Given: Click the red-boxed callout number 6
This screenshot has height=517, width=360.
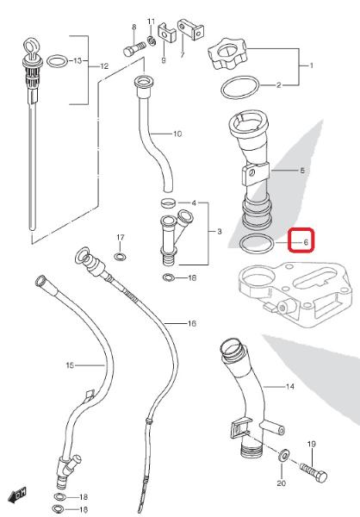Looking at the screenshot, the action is point(306,243).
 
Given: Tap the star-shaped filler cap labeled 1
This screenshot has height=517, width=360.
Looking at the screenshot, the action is point(227,53).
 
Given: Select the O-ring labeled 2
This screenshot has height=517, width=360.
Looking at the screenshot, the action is point(240,87).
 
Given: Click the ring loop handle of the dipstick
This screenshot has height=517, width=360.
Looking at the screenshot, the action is point(31,47).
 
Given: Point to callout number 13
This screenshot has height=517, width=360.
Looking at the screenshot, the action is point(78,60).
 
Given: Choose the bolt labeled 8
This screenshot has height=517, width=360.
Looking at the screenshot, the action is point(134,48).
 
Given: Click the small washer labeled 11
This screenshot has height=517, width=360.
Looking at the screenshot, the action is point(152,41).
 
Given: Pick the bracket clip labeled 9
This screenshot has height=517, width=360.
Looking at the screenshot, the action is point(166,33).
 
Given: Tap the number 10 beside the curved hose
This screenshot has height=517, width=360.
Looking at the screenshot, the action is point(177,134).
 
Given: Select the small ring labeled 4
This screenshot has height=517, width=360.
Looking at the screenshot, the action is point(168,202).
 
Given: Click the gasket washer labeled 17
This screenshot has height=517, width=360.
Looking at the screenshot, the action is point(120,256).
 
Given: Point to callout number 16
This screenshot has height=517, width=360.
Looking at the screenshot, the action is point(192,323).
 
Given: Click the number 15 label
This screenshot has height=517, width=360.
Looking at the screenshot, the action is point(70,365).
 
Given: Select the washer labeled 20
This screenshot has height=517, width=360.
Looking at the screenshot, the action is point(283,457).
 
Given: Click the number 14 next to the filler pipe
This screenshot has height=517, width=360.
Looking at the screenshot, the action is point(289,386).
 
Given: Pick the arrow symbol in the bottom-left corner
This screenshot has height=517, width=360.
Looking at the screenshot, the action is point(16,495).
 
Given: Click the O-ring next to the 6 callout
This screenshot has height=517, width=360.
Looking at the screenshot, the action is point(257,244).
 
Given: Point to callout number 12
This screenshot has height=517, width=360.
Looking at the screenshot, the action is point(104,66).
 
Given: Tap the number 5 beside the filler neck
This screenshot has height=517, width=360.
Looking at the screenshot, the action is point(302,171).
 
